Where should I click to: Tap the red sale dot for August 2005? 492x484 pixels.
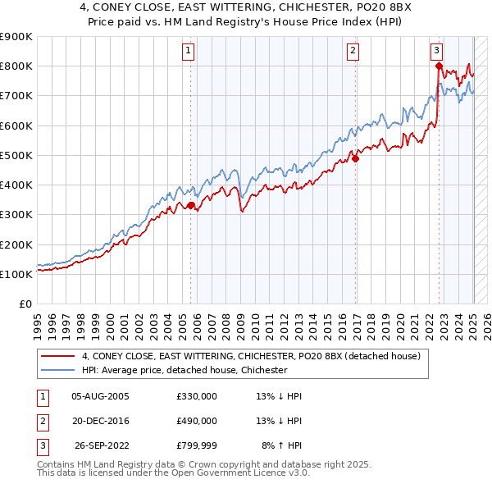pos(191,206)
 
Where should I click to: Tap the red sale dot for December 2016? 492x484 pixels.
pos(356,159)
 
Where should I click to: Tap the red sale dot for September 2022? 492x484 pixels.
pos(440,66)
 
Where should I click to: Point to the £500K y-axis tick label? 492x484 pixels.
pos(16,155)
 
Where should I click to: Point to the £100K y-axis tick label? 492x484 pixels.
pos(16,274)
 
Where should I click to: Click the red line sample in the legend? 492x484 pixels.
pos(59,356)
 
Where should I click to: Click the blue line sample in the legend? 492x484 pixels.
pos(59,370)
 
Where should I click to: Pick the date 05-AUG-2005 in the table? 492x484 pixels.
pos(100,396)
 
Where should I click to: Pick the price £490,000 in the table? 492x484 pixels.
pos(197,421)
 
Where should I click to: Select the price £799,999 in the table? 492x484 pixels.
pos(197,445)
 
